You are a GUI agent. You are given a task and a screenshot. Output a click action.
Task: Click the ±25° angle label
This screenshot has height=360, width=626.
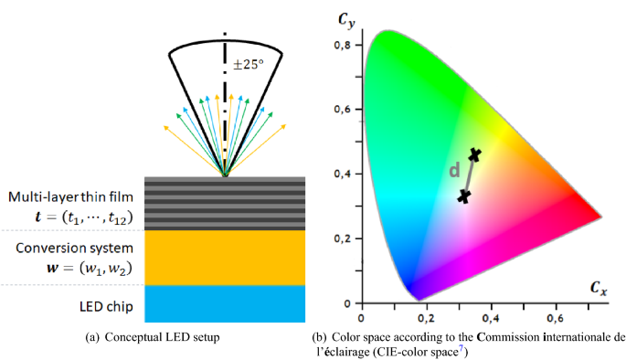click(x=249, y=65)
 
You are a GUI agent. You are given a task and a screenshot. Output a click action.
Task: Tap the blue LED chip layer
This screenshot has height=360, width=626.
click(x=225, y=302)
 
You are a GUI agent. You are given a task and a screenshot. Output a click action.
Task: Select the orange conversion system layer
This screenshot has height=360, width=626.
click(x=225, y=257)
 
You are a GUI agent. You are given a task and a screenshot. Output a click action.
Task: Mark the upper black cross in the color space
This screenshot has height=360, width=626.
click(x=474, y=155)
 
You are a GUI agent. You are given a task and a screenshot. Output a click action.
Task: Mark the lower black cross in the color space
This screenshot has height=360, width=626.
click(x=464, y=196)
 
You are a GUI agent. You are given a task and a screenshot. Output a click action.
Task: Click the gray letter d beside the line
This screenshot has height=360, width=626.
click(x=454, y=171)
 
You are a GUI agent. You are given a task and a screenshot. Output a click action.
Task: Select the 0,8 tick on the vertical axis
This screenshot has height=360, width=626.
click(x=345, y=45)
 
